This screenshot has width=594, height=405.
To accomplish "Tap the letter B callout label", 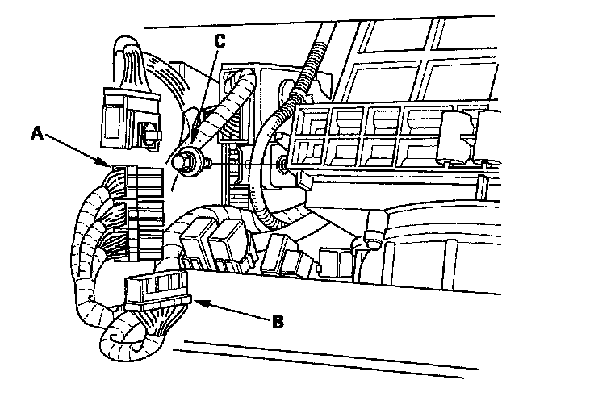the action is point(277,321).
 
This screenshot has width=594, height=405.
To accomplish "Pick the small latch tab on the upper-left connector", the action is point(148,134).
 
